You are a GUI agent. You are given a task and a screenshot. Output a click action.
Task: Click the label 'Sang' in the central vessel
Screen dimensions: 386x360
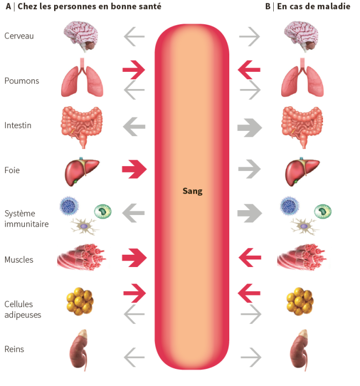tap(192, 191)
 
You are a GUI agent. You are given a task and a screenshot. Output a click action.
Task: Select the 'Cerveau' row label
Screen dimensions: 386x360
tap(18, 36)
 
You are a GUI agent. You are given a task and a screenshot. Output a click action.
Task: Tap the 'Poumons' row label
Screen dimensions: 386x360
tap(21, 81)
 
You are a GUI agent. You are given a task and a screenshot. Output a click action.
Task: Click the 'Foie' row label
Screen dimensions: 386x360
tap(12, 170)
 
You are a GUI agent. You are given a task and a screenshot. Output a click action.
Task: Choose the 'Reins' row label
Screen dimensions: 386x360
tap(14, 349)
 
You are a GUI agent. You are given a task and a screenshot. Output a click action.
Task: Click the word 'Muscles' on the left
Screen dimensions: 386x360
tap(19, 259)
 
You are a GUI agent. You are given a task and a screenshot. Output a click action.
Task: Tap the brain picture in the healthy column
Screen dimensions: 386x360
tap(81, 36)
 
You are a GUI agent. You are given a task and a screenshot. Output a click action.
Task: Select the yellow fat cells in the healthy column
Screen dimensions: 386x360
tap(80, 303)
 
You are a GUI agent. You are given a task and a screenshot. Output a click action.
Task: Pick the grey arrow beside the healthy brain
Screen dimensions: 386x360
tap(134, 37)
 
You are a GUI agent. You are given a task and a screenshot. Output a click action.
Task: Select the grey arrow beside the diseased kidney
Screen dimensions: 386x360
tap(250, 355)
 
